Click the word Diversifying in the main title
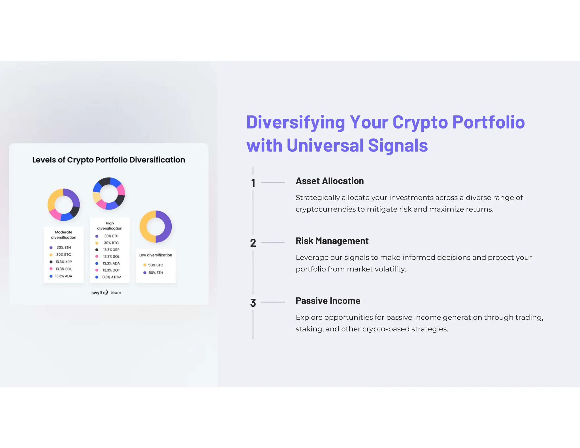295,123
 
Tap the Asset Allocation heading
330,181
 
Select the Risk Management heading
332,241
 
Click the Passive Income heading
328,301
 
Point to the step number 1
253,183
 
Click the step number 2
253,243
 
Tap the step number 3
253,303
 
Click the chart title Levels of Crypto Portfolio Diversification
108,160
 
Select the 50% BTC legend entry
155,265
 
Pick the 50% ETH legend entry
155,273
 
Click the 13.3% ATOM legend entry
111,277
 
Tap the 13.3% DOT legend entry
111,270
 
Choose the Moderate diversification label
63,235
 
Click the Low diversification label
155,255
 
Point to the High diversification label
110,226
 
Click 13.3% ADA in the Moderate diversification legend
63,276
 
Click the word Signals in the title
398,146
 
